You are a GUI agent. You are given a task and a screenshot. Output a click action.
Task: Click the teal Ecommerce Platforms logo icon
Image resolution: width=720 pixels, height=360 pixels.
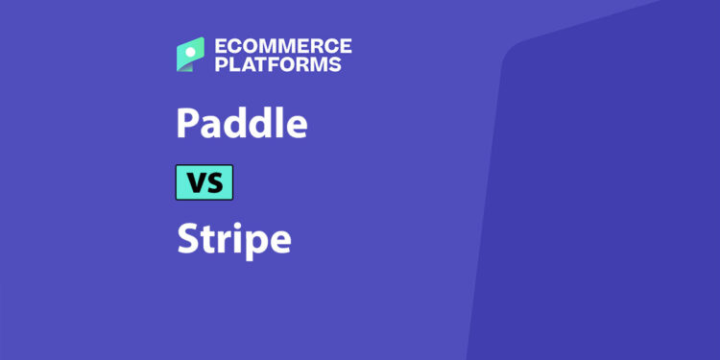[190, 54]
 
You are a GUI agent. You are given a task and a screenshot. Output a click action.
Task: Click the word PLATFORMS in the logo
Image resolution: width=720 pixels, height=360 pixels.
[276, 64]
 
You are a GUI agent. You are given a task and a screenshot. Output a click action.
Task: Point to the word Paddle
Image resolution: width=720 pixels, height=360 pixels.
[242, 124]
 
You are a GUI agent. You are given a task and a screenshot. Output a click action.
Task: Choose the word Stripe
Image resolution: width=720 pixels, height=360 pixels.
[233, 238]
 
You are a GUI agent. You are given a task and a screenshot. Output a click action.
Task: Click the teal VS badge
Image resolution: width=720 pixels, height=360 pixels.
[204, 182]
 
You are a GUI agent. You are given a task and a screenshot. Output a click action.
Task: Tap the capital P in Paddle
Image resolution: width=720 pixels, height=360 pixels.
[186, 124]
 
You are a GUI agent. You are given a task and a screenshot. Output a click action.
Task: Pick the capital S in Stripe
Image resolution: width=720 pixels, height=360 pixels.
[186, 238]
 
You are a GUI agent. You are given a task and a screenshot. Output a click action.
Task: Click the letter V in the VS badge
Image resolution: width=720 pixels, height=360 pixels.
[194, 182]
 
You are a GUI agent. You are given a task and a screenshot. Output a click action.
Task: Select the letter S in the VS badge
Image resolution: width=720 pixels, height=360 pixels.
[215, 182]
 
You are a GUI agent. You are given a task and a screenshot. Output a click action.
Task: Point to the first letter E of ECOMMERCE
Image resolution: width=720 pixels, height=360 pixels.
[220, 45]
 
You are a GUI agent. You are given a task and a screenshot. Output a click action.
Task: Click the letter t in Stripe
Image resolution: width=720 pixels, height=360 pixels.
[206, 239]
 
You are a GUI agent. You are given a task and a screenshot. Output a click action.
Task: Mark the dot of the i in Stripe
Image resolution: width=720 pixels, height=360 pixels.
[238, 225]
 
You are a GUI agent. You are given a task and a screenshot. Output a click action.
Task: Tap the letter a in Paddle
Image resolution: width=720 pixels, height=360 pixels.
[210, 127]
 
